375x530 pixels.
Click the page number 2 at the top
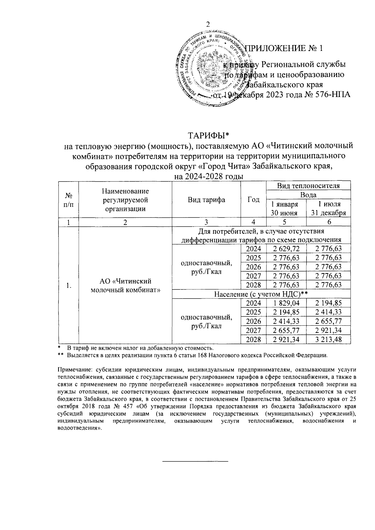click(208, 25)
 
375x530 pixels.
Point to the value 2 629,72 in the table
click(286, 249)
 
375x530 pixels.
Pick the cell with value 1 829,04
click(286, 303)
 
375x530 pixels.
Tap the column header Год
click(253, 200)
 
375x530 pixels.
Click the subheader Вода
click(308, 195)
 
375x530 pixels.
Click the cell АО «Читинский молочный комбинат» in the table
click(125, 285)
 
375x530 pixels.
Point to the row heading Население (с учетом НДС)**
click(261, 294)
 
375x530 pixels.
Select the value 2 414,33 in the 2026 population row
click(286, 321)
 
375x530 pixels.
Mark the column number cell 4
click(253, 222)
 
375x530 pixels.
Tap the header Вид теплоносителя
click(308, 186)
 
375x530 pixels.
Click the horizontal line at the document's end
click(195, 461)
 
